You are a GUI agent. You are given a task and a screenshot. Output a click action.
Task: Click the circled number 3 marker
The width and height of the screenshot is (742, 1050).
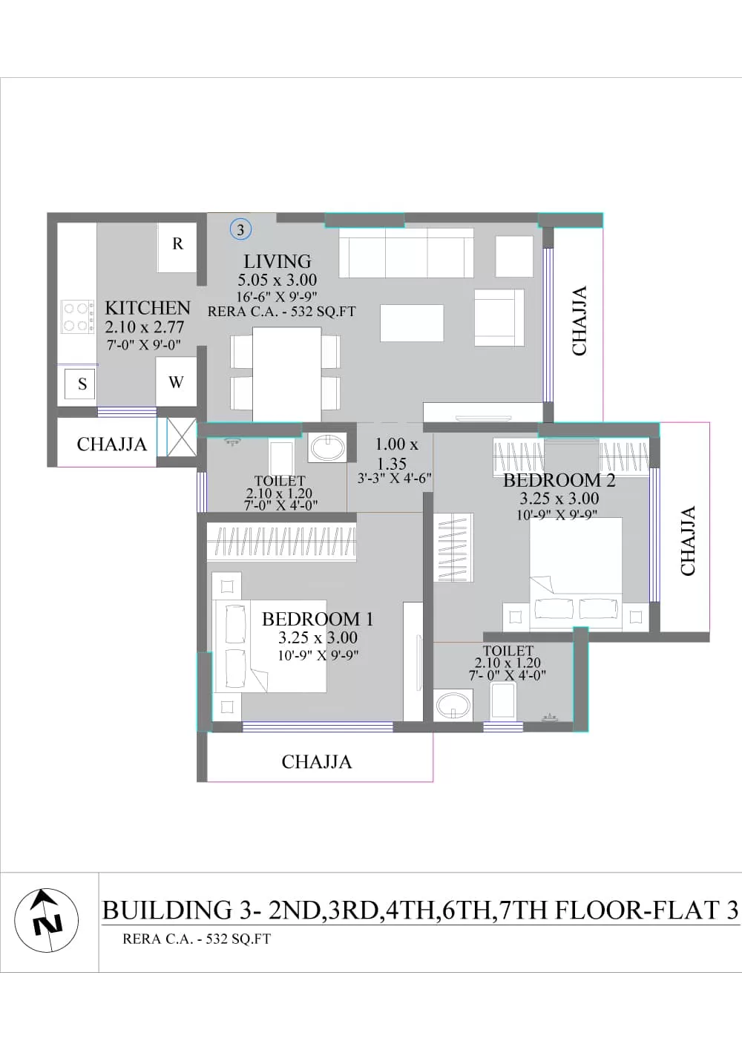click(x=240, y=230)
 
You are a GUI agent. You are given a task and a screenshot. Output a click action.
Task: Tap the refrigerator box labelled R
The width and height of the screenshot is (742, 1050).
click(x=177, y=247)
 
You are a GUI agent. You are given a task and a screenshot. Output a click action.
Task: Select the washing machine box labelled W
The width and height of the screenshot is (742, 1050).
click(x=176, y=381)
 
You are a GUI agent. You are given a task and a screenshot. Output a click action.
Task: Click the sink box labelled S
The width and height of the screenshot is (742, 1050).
click(x=80, y=384)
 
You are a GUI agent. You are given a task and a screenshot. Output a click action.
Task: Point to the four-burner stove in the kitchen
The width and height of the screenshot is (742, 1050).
click(x=76, y=318)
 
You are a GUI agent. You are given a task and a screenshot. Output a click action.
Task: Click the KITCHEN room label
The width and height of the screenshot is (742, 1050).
click(x=147, y=308)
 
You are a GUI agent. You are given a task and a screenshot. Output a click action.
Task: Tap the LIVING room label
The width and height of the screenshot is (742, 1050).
click(x=277, y=261)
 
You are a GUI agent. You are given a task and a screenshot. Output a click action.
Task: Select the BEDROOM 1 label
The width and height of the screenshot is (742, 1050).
click(x=318, y=619)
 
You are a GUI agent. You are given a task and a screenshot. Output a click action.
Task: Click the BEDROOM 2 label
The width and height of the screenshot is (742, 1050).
click(x=559, y=480)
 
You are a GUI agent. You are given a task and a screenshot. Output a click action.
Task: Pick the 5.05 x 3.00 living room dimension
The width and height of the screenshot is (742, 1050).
click(x=277, y=280)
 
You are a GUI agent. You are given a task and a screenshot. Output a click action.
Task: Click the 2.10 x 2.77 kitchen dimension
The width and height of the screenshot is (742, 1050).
click(x=145, y=327)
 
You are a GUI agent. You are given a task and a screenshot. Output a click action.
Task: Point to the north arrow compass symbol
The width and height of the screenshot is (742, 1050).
click(x=46, y=920)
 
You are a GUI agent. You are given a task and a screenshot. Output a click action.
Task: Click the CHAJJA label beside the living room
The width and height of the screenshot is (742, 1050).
click(x=580, y=321)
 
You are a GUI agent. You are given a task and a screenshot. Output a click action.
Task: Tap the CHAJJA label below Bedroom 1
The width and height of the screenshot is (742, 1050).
click(x=316, y=762)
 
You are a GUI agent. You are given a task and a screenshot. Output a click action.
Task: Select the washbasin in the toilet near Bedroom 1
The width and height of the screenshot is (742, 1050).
click(x=327, y=447)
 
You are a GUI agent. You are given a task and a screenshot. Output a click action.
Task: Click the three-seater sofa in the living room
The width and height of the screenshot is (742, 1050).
click(x=406, y=253)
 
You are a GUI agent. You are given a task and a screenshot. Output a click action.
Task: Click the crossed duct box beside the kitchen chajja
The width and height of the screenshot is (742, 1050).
click(x=181, y=436)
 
